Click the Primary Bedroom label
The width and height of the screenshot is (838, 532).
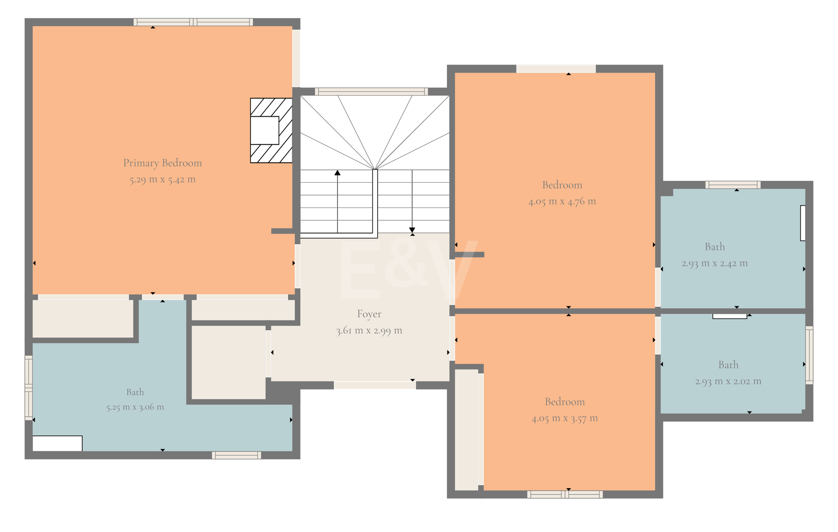pos(162,163)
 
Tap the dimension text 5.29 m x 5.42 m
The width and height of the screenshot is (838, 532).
pos(162,180)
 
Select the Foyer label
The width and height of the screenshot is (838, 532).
pos(369,314)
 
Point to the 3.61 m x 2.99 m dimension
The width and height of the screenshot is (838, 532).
pos(369,331)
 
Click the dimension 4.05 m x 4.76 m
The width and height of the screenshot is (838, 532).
pos(562,201)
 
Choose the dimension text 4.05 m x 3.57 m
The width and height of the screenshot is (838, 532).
pos(564,418)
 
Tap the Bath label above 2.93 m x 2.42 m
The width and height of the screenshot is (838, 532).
pos(715,247)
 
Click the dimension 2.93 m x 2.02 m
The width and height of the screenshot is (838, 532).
pos(728,381)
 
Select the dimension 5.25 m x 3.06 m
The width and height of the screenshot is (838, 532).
pos(135,407)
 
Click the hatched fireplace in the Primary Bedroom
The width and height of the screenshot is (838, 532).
pos(271,130)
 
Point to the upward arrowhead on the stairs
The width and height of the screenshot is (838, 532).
pos(338,172)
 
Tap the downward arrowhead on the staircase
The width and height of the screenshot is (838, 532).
pos(412,230)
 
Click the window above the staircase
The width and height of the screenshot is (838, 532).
pos(371,91)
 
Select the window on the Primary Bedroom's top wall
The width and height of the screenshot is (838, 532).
pos(193,22)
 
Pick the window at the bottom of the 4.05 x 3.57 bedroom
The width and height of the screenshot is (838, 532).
pos(565,495)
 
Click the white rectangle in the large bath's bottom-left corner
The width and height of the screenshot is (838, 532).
pos(57,443)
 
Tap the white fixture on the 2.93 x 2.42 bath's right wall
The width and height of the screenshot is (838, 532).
pos(803,223)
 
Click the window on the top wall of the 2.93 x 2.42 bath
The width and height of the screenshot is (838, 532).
pos(733,185)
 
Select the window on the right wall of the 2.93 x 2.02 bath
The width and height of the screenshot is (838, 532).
pos(809,355)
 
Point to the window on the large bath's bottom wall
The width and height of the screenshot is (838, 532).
pos(236,455)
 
